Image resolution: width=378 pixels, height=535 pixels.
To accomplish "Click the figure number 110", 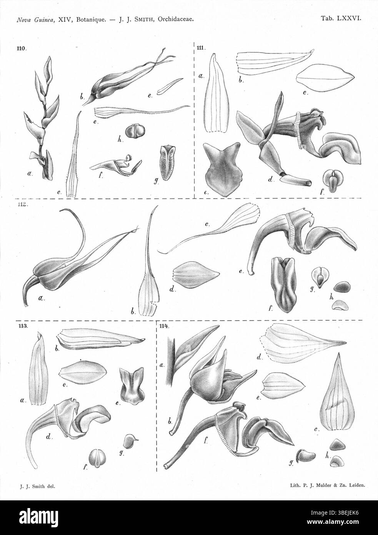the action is pyautogui.click(x=21, y=48).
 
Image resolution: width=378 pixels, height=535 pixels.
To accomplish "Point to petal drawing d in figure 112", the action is pyautogui.click(x=196, y=274).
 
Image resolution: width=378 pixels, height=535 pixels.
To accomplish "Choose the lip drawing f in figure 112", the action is pyautogui.click(x=283, y=284).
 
